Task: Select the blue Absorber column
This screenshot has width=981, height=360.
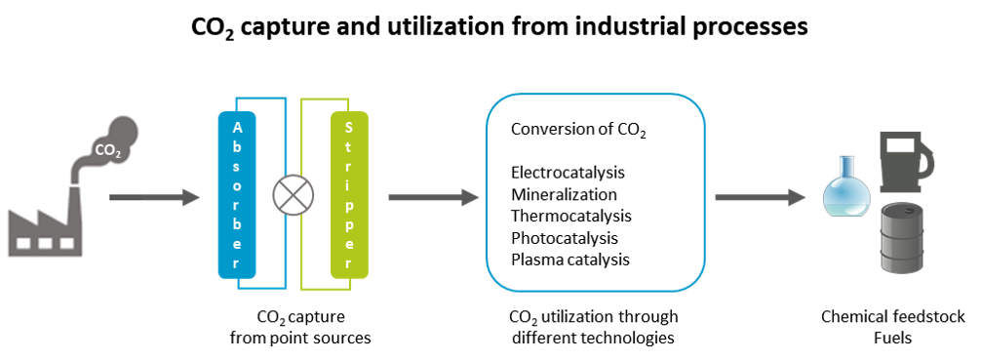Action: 236,195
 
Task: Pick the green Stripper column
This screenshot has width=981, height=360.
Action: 348,195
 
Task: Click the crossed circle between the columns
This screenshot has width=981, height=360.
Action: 291,195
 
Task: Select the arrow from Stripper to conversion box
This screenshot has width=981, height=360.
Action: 433,198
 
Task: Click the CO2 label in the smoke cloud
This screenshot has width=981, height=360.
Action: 106,150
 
